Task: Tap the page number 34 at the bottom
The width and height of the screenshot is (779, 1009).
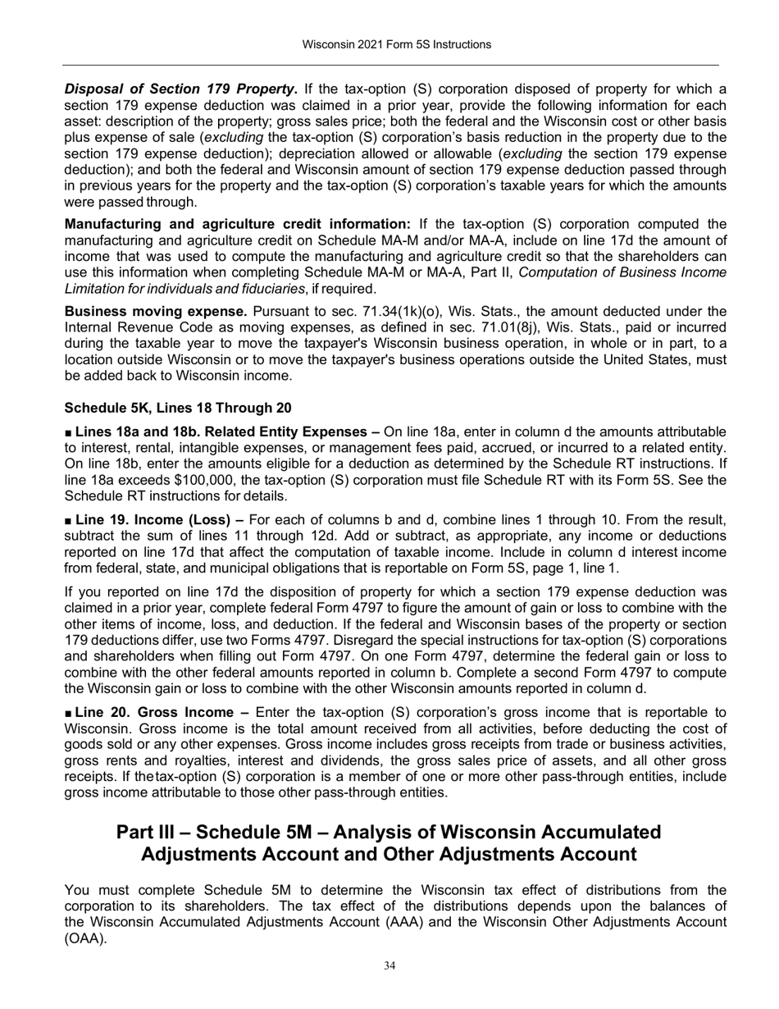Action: [390, 966]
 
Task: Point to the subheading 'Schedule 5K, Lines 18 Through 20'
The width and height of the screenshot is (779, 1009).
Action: [177, 408]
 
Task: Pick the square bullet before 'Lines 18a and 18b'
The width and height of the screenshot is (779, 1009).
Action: [68, 431]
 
